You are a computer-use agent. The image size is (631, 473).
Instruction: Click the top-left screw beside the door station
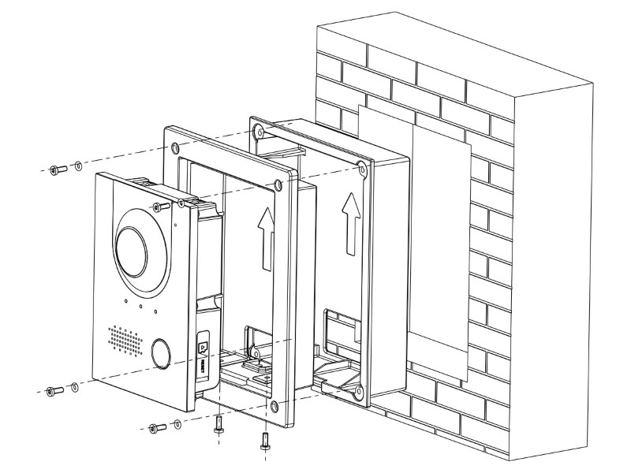tap(54, 169)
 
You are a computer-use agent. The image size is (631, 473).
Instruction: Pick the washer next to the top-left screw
tap(77, 167)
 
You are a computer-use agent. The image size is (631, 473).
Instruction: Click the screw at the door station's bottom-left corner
tap(54, 391)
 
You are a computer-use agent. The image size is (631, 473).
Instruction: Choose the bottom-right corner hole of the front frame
tap(274, 406)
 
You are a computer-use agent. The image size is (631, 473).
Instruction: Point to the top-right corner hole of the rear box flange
tap(360, 168)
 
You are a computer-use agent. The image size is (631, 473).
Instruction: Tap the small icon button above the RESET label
tap(203, 345)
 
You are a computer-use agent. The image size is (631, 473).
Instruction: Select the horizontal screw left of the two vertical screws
tap(155, 428)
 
